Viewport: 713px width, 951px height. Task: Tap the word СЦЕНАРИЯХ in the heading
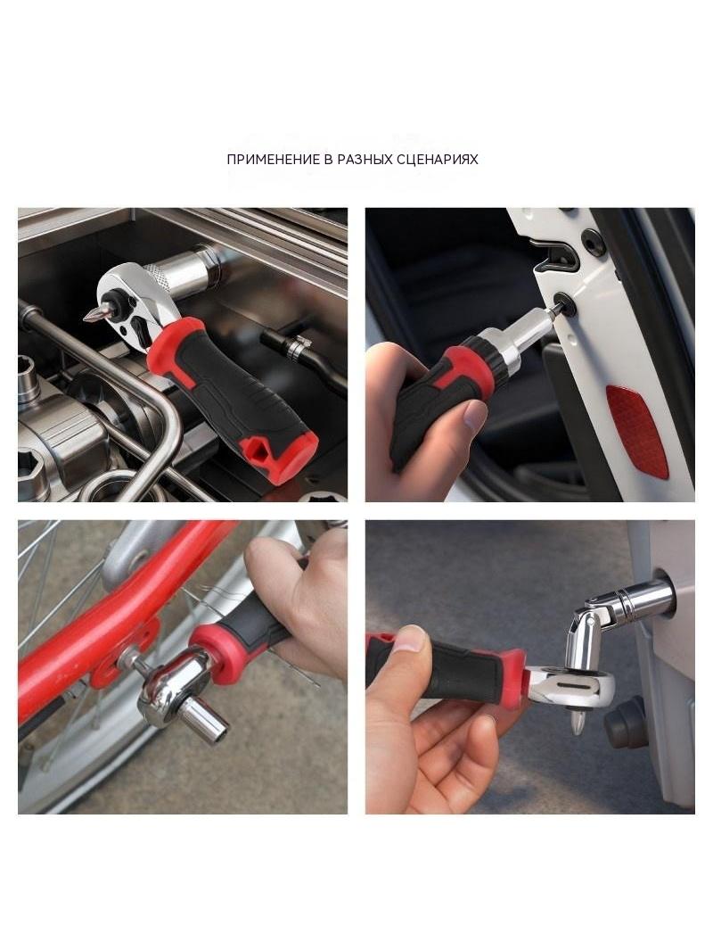click(437, 160)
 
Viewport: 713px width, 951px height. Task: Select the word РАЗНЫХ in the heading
click(365, 160)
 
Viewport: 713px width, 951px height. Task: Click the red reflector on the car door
click(636, 431)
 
